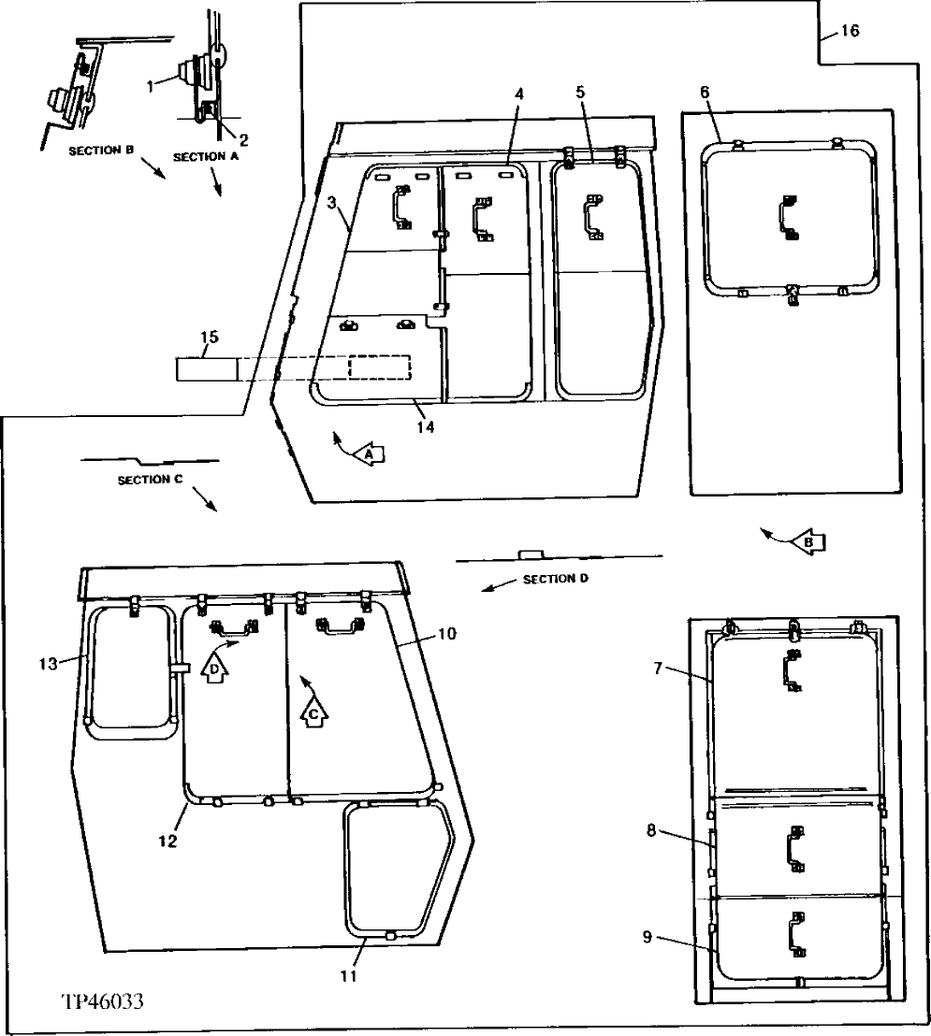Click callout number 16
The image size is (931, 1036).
click(x=849, y=31)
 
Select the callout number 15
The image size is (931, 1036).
click(x=209, y=336)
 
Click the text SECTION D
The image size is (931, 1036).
click(x=555, y=580)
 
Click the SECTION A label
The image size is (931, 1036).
click(x=206, y=157)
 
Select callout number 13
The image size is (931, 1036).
click(x=49, y=664)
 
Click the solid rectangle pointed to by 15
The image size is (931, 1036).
click(x=206, y=368)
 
